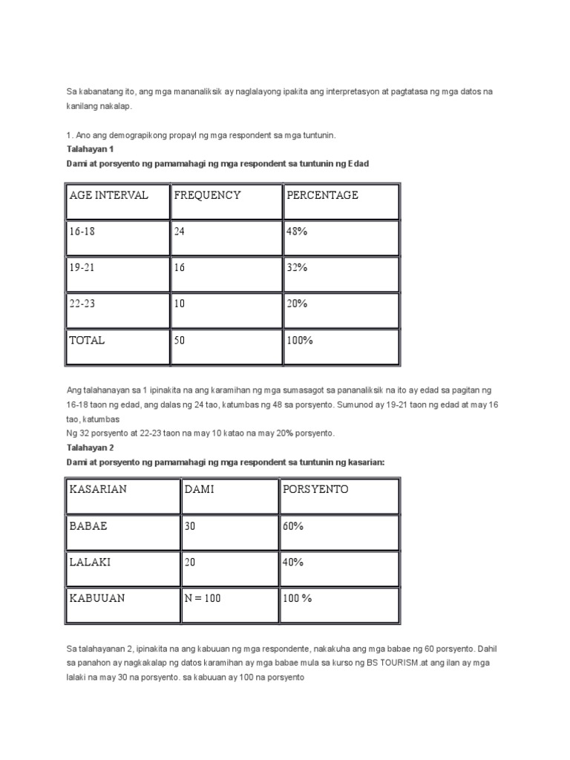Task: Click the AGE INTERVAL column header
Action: pyautogui.click(x=108, y=195)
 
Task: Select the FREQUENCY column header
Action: pyautogui.click(x=207, y=195)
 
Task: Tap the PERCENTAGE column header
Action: pyautogui.click(x=321, y=195)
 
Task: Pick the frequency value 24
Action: pyautogui.click(x=180, y=232)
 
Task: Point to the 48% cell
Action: pyautogui.click(x=296, y=232)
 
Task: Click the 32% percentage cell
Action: pyautogui.click(x=296, y=268)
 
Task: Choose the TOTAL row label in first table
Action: pyautogui.click(x=87, y=341)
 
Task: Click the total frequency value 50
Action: pyautogui.click(x=180, y=341)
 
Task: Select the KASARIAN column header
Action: pyautogui.click(x=98, y=490)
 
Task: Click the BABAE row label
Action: pyautogui.click(x=88, y=526)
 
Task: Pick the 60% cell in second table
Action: pyautogui.click(x=293, y=526)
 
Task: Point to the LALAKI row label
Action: pyautogui.click(x=90, y=563)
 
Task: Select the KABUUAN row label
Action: pyautogui.click(x=96, y=599)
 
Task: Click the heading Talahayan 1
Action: pyautogui.click(x=90, y=148)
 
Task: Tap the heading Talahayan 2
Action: pyautogui.click(x=90, y=448)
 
